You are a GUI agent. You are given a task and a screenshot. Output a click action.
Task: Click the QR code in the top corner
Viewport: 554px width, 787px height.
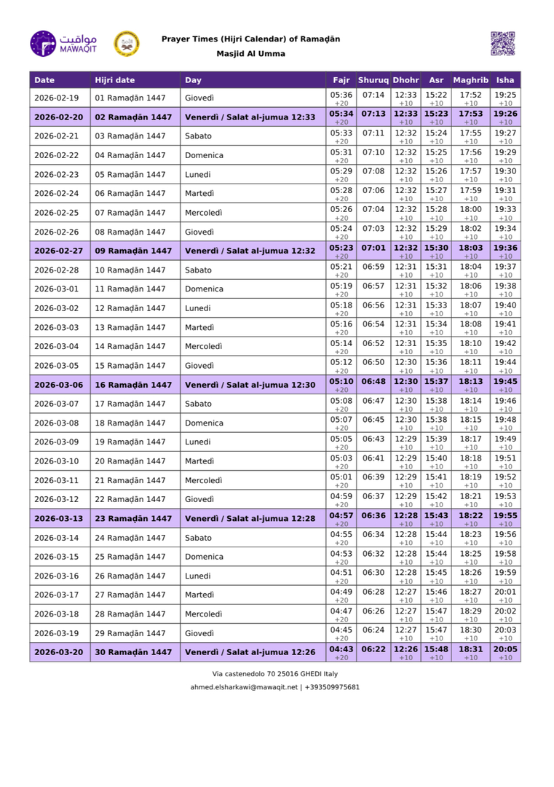click(502, 44)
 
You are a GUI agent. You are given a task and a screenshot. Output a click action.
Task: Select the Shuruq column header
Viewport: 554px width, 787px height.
click(373, 80)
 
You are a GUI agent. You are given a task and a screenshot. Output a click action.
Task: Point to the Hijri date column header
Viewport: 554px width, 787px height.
click(115, 80)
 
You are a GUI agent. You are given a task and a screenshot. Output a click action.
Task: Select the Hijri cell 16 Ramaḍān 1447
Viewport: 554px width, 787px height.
click(133, 385)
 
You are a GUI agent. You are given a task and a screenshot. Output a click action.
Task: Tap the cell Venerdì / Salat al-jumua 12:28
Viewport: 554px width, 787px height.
click(250, 519)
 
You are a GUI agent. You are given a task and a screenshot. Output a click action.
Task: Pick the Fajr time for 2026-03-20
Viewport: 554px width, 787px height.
click(341, 649)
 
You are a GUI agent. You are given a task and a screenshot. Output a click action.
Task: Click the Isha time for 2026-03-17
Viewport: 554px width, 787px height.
click(504, 591)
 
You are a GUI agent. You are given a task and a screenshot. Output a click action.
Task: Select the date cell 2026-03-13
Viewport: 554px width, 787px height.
click(59, 519)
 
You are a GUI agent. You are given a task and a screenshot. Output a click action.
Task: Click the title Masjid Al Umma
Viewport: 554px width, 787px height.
click(250, 54)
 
